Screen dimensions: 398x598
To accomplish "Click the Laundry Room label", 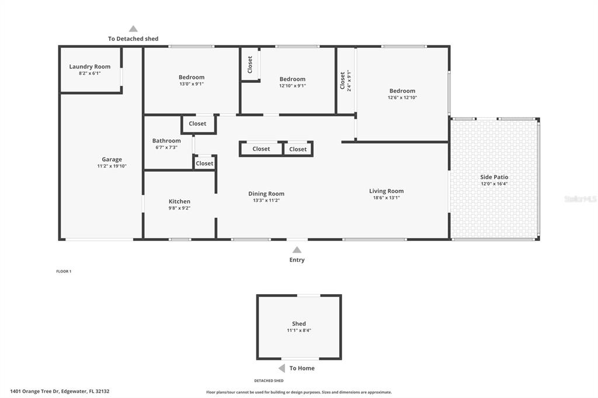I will [90, 67].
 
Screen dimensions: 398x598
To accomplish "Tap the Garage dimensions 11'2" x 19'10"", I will [112, 166].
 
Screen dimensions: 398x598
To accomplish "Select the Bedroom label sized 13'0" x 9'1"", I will [192, 77].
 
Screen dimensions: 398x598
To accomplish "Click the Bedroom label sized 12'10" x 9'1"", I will [292, 79].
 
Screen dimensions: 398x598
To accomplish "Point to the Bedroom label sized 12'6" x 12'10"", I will [402, 90].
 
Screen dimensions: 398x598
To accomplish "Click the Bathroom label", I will [166, 141].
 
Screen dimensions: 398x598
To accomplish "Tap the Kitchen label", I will [179, 201].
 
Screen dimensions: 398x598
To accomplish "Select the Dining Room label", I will [266, 194].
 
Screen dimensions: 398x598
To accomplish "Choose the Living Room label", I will [386, 191].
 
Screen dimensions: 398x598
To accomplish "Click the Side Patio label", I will [494, 177].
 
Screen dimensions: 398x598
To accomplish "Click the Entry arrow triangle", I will [297, 250].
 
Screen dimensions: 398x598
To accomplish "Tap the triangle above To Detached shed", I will [133, 29].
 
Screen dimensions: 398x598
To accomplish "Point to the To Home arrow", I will [281, 368].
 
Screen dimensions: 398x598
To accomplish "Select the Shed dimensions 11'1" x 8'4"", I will [298, 330].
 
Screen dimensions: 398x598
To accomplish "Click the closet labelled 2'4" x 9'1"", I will [346, 81].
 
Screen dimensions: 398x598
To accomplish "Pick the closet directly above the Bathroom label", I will [197, 124].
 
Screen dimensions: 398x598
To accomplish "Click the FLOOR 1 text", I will [64, 271].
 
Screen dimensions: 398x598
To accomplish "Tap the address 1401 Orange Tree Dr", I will [59, 392].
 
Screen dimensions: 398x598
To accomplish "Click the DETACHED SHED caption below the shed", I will [269, 380].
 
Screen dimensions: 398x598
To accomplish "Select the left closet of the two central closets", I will [261, 149].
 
